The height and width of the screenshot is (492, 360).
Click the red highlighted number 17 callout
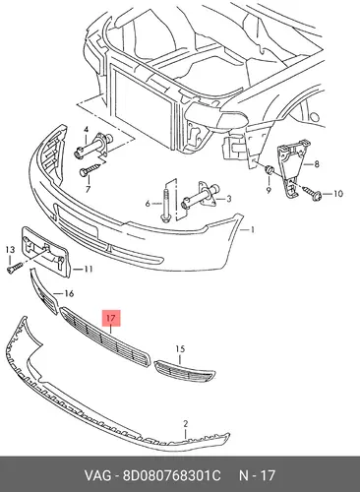[x=111, y=318]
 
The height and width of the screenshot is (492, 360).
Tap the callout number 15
[x=180, y=349]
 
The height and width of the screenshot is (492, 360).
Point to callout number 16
[x=69, y=293]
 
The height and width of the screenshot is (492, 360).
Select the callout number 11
[x=88, y=269]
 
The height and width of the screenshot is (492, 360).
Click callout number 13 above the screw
[x=10, y=250]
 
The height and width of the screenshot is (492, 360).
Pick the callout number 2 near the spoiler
[x=186, y=424]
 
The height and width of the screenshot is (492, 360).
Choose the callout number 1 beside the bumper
[x=252, y=230]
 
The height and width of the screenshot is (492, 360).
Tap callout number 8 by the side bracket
[x=317, y=163]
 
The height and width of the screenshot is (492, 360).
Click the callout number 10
[x=269, y=190]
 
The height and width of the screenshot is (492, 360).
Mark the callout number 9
[x=337, y=194]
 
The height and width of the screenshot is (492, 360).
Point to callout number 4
[x=86, y=130]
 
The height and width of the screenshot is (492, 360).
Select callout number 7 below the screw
[x=88, y=189]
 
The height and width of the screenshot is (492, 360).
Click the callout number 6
[x=148, y=204]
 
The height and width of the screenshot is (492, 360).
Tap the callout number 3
[x=229, y=199]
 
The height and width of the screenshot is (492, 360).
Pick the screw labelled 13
[x=14, y=267]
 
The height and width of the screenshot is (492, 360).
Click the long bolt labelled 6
[x=166, y=203]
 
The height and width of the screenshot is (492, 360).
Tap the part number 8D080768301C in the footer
[x=172, y=475]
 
